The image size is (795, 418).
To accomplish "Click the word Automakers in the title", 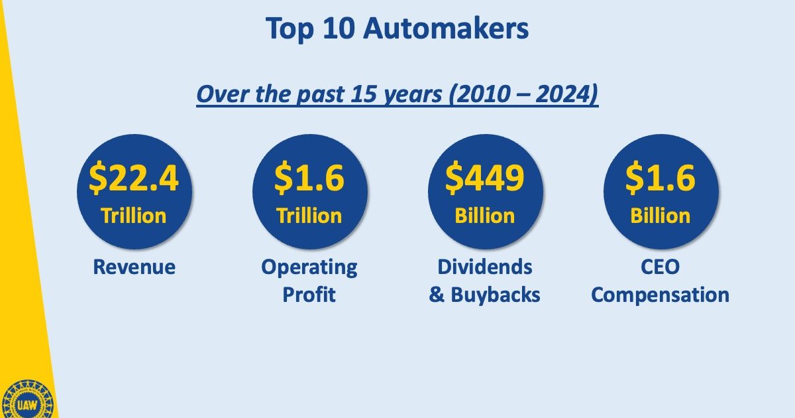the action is point(446,29).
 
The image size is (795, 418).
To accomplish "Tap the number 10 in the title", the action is point(339,29).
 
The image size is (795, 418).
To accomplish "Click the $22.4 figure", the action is point(134,177).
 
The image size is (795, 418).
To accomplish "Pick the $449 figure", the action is point(485,177).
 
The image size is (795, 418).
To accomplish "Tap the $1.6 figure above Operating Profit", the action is point(309,177).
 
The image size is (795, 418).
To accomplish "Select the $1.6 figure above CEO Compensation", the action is point(660,177).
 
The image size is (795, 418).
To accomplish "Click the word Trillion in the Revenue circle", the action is point(134,216).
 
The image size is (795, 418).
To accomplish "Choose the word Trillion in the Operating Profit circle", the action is point(309,216).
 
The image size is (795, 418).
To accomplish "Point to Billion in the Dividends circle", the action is point(485,216).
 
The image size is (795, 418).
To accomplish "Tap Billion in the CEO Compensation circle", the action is point(660,216).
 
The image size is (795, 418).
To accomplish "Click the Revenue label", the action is point(134,267).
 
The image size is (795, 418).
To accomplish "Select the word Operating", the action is point(309,268).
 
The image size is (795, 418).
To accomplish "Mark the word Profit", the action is point(309,295).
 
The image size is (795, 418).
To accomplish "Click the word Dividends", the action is point(485,267).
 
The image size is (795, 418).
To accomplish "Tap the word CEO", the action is point(660,267).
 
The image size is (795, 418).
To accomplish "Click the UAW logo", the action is point(27,401).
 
